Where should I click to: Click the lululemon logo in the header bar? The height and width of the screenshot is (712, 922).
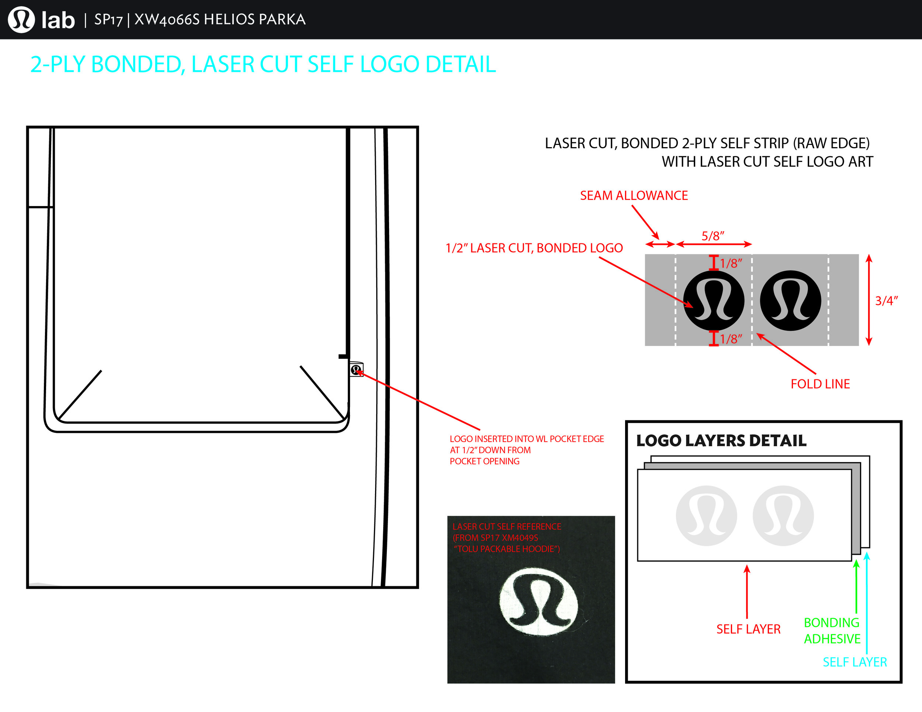21,20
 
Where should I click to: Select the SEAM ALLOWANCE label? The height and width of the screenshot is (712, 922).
634,195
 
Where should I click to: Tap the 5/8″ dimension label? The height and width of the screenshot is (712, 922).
713,236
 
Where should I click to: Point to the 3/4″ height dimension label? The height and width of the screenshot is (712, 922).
886,301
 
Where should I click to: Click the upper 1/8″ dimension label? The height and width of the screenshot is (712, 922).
731,263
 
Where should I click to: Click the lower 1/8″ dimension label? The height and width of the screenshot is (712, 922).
731,339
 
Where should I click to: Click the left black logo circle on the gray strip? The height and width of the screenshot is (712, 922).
714,301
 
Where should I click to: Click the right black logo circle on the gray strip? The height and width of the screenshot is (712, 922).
790,301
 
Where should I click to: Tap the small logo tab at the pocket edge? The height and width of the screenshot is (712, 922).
356,369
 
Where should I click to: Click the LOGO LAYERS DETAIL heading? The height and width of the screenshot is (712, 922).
721,441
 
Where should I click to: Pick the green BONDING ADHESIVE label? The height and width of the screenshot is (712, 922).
832,631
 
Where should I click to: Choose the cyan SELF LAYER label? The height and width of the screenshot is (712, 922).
855,662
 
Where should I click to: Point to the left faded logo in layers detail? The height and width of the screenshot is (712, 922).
706,515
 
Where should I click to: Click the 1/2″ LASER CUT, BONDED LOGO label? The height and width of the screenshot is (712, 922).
534,248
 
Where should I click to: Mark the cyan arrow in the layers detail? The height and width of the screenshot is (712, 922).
867,603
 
